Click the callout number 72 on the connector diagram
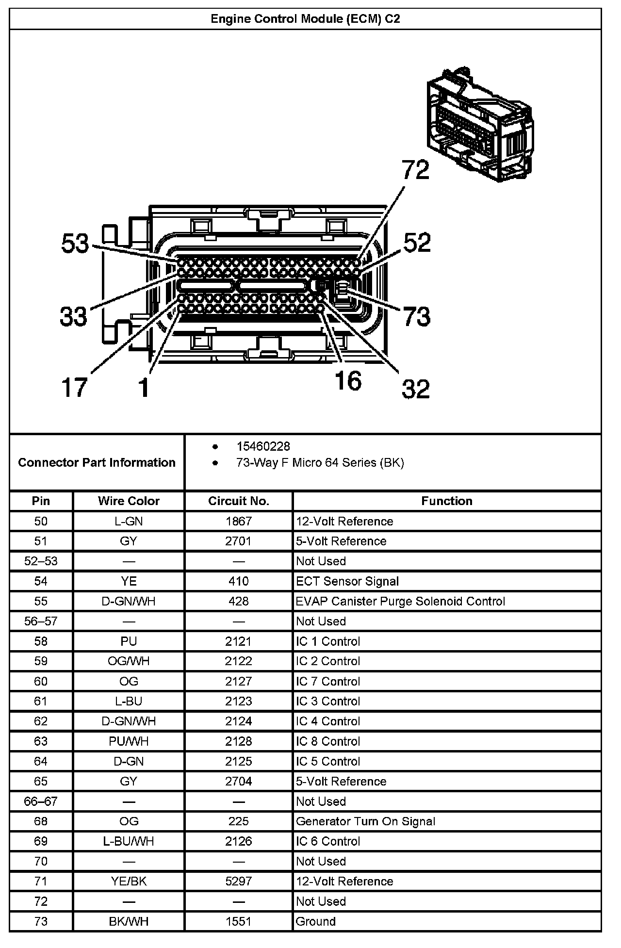click(416, 170)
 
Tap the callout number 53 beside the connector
click(75, 244)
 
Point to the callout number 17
click(74, 388)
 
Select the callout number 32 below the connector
click(416, 389)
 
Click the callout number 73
click(417, 316)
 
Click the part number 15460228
click(263, 446)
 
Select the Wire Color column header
click(129, 501)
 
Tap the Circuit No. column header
click(238, 501)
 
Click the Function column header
click(446, 501)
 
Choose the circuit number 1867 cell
click(238, 522)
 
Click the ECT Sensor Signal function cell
click(347, 581)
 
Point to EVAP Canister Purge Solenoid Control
click(400, 602)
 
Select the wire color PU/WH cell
click(129, 741)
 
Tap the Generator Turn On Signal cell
click(365, 821)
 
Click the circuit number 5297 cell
click(238, 881)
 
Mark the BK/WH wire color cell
click(129, 921)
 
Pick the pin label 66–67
click(41, 801)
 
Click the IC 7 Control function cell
click(328, 682)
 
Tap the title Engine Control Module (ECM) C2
click(305, 19)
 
